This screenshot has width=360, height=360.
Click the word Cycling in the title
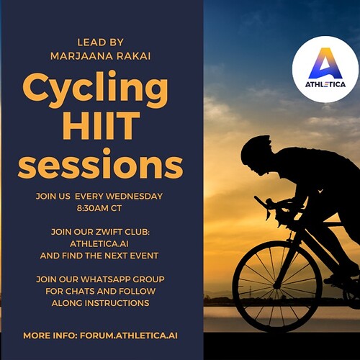pyautogui.click(x=96, y=89)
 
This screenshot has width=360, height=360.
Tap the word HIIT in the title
pyautogui.click(x=101, y=125)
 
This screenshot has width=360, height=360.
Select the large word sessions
pyautogui.click(x=101, y=164)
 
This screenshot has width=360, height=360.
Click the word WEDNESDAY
pyautogui.click(x=134, y=196)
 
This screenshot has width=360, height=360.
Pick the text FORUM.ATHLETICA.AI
pyautogui.click(x=129, y=336)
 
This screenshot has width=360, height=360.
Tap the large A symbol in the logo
pyautogui.click(x=325, y=63)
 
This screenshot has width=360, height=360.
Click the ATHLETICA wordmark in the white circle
pyautogui.click(x=325, y=84)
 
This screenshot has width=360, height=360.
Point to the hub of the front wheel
pyautogui.click(x=276, y=286)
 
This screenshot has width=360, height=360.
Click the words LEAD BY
pyautogui.click(x=100, y=42)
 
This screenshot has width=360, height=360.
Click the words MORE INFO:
pyautogui.click(x=50, y=336)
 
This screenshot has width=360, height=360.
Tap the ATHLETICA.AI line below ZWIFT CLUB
pyautogui.click(x=99, y=244)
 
